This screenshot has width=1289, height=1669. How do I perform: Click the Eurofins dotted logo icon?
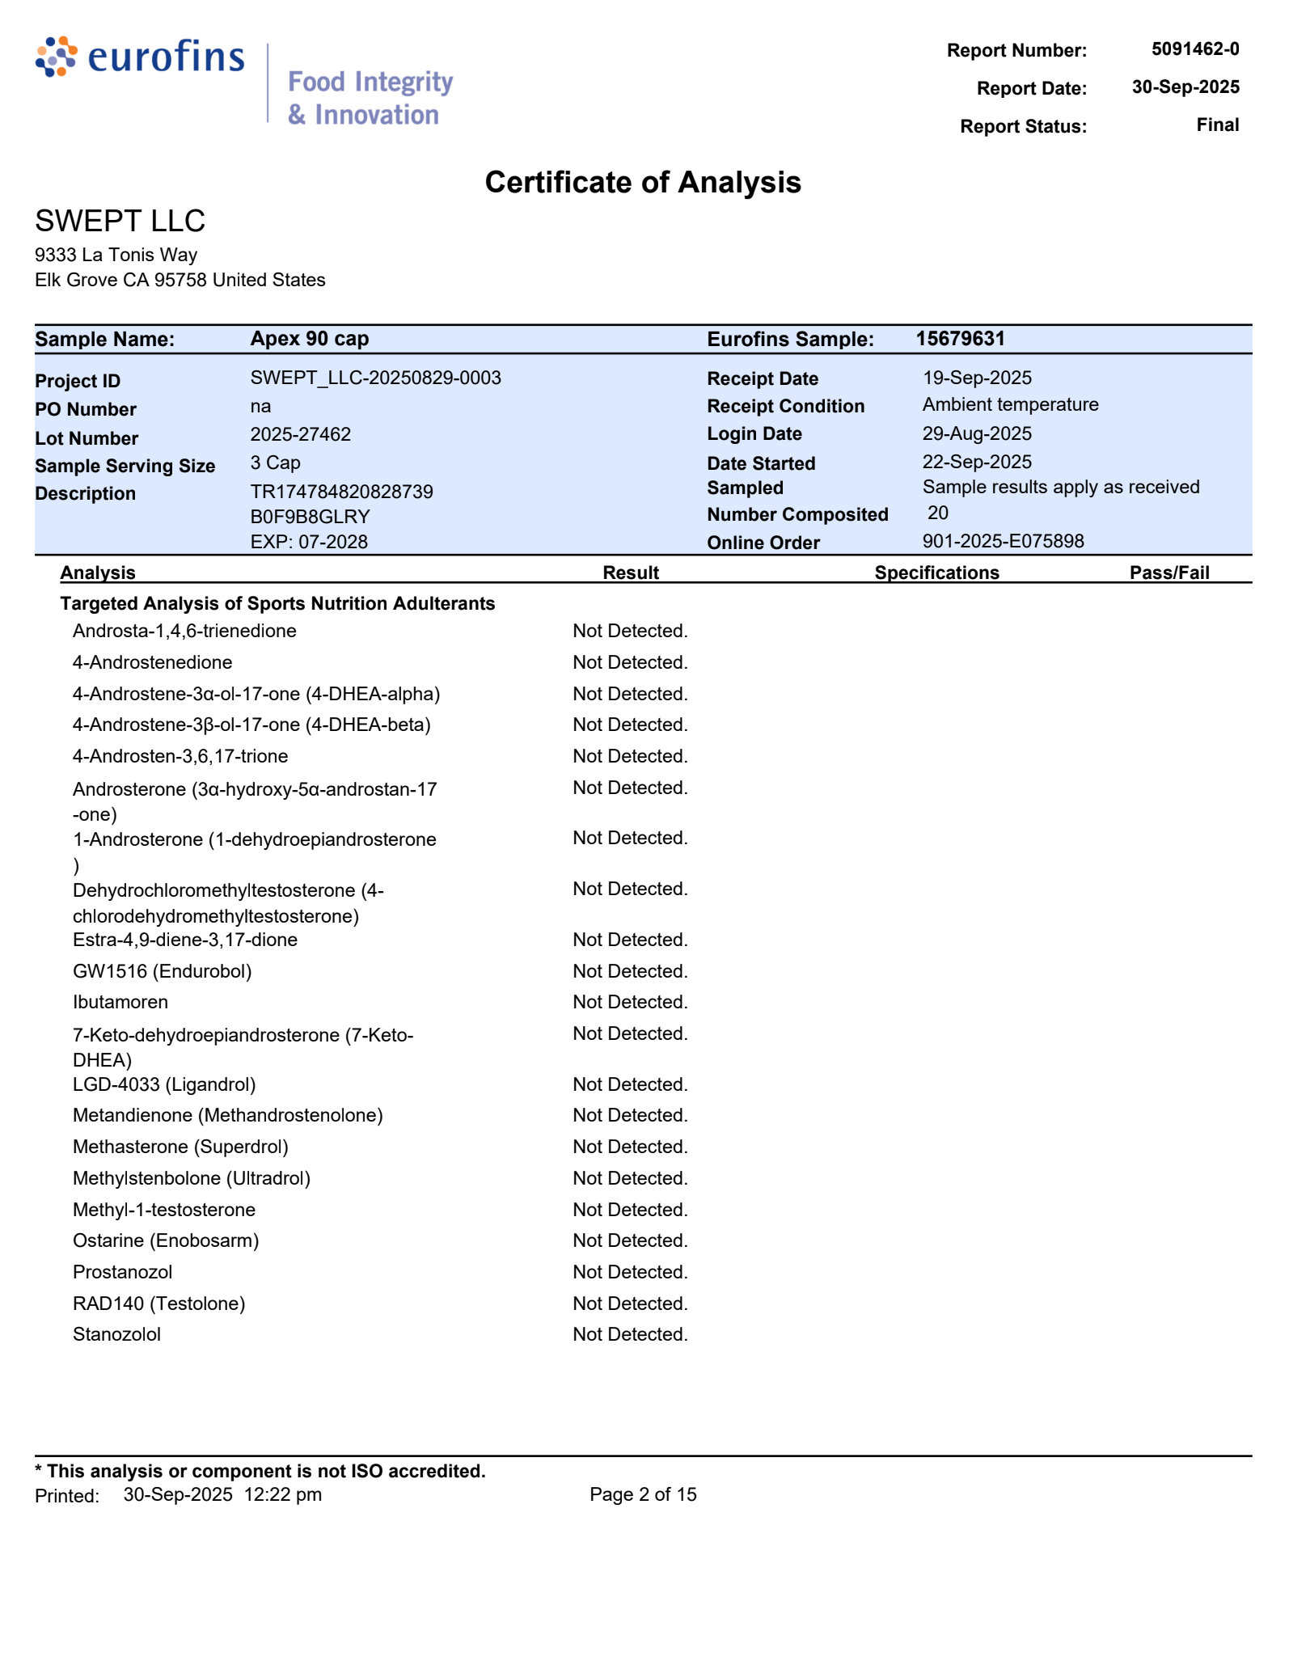click(56, 57)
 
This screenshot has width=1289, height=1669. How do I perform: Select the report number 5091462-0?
click(1194, 49)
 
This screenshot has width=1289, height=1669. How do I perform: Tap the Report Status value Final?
click(1217, 125)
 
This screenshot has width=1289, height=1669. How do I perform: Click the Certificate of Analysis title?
click(643, 183)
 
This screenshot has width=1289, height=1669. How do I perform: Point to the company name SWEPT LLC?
click(120, 221)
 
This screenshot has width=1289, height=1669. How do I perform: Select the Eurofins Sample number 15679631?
click(960, 338)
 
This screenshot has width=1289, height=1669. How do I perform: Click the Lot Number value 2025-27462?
click(300, 434)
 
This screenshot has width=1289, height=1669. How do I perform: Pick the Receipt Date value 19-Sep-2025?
click(976, 378)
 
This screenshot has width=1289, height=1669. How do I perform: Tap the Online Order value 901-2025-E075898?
click(1003, 541)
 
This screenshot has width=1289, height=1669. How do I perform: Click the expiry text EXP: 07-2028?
click(308, 542)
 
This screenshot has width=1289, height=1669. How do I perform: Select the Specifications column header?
click(936, 573)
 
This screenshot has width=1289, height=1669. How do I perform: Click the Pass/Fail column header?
click(1169, 573)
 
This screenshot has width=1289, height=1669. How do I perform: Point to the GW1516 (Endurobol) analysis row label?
click(162, 971)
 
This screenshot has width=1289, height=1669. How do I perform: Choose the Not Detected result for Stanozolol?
click(630, 1334)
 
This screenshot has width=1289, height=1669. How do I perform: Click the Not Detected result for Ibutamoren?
click(630, 1002)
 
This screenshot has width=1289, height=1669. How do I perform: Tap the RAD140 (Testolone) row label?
click(158, 1304)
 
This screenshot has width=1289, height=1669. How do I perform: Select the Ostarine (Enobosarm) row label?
click(166, 1240)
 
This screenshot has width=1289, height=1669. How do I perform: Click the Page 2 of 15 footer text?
click(643, 1494)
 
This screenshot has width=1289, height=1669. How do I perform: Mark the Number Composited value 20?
click(937, 513)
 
